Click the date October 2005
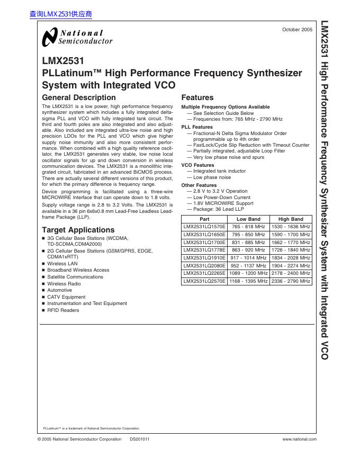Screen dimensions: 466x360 pyautogui.click(x=298, y=30)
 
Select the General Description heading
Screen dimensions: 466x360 pyautogui.click(x=78, y=98)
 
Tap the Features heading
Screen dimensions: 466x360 pyautogui.click(x=197, y=98)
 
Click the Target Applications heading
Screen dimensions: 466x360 pyautogui.click(x=78, y=230)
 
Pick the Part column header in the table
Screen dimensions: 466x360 pyautogui.click(x=204, y=219)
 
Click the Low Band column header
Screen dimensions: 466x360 pyautogui.click(x=248, y=219)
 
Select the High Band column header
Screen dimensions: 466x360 pyautogui.click(x=291, y=219)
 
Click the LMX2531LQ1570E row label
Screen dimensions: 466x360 pyautogui.click(x=204, y=226)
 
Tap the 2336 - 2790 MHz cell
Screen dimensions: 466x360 pyautogui.click(x=291, y=281)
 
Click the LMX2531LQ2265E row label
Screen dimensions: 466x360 pyautogui.click(x=204, y=274)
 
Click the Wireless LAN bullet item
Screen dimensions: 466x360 pyautogui.click(x=62, y=263)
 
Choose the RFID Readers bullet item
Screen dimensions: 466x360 pyautogui.click(x=63, y=310)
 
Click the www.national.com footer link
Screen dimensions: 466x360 pyautogui.click(x=300, y=439)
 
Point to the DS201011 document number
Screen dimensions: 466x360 pyautogui.click(x=139, y=439)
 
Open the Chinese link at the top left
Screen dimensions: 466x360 pyautogui.click(x=61, y=15)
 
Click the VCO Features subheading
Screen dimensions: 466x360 pyautogui.click(x=198, y=165)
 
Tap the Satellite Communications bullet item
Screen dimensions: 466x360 pyautogui.click(x=75, y=277)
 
